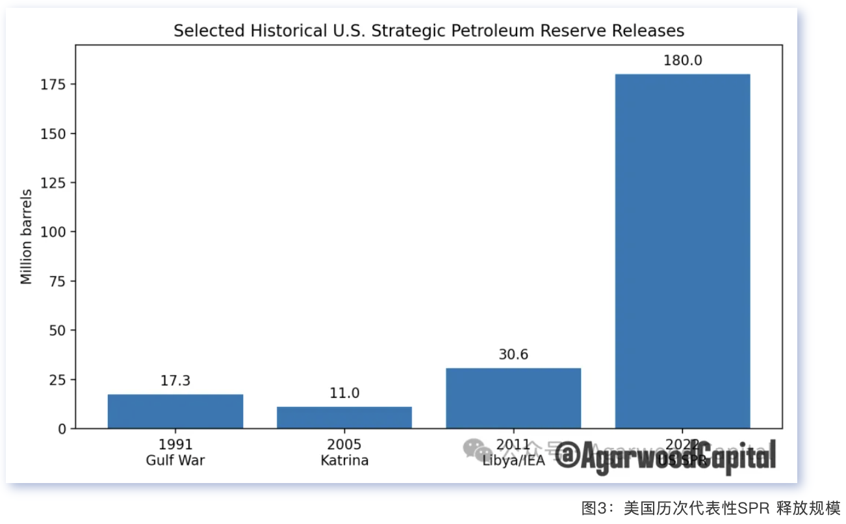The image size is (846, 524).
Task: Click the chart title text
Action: pos(429,31)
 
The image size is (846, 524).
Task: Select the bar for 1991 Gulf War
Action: pos(175,411)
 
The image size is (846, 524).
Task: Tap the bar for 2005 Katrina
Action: pos(344,417)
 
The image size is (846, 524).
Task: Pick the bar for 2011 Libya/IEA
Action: pos(513,398)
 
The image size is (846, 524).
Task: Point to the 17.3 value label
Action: pos(175,381)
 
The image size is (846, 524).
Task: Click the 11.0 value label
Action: pos(344,393)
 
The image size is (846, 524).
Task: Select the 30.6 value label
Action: pos(513,355)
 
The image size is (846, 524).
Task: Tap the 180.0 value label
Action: pos(682,60)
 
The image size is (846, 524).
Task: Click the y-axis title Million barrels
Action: pos(27,237)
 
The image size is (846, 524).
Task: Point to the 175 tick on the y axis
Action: pos(55,85)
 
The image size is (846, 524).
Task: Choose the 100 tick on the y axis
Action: pos(55,232)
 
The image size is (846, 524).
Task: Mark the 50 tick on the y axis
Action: pos(58,330)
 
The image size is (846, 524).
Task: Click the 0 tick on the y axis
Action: pos(62,428)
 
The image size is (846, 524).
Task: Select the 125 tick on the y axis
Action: pos(55,183)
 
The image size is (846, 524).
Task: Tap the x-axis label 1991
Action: pos(175,445)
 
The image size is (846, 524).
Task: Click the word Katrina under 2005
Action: pos(344,461)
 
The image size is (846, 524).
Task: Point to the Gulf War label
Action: pos(175,461)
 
